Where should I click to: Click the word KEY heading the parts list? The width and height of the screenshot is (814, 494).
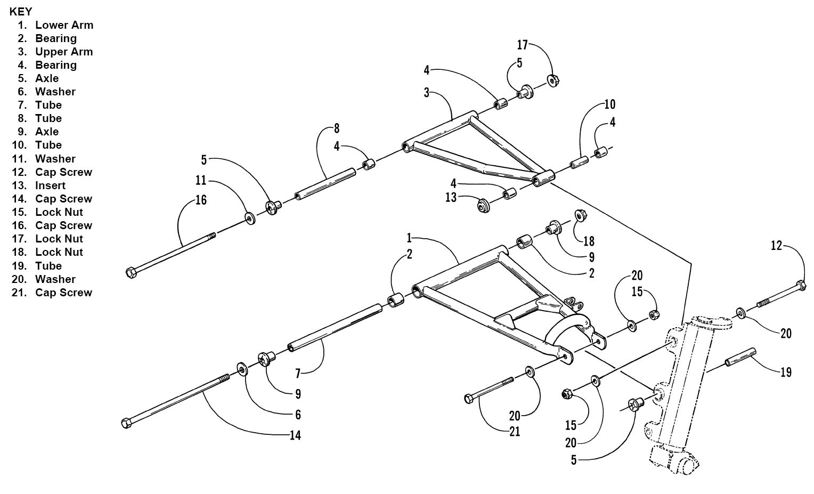(x=21, y=12)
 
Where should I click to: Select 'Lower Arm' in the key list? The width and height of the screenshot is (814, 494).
(x=64, y=25)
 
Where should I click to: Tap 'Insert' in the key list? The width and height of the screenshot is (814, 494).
(x=50, y=185)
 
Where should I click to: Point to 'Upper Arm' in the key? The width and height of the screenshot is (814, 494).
(x=64, y=52)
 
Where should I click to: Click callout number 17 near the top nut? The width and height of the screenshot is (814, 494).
(x=522, y=45)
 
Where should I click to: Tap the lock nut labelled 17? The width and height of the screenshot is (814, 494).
(x=553, y=80)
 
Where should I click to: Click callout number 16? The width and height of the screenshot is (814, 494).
(x=201, y=200)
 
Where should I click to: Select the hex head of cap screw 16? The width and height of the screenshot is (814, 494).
(x=131, y=273)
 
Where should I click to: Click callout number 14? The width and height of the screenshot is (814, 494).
(x=296, y=435)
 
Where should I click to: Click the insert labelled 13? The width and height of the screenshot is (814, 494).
(x=484, y=206)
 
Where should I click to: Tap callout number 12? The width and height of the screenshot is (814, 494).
(x=776, y=246)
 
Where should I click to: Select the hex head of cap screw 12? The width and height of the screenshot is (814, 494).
(x=801, y=285)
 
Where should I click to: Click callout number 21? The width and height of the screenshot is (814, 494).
(x=515, y=432)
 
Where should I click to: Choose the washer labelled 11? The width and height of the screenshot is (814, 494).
(x=250, y=218)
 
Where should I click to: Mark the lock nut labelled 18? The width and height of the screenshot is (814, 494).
(x=580, y=215)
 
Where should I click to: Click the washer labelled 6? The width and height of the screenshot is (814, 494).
(x=242, y=369)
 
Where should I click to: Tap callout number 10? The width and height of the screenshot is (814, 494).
(x=610, y=104)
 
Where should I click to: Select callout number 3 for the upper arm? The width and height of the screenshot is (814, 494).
(x=427, y=93)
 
